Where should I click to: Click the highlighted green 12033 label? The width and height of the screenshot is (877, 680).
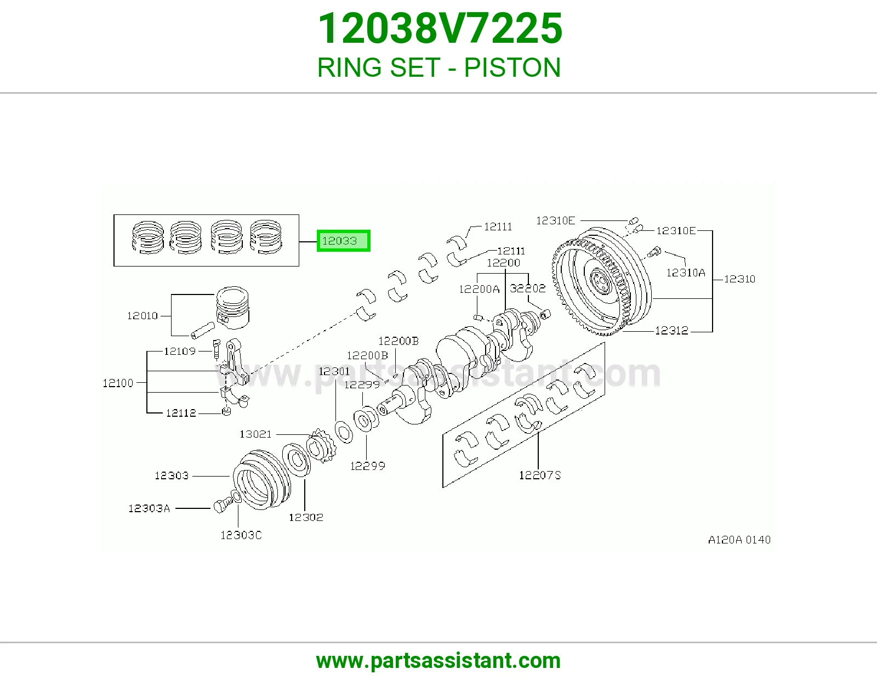click(x=344, y=241)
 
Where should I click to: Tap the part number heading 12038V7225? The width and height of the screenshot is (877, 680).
click(x=440, y=29)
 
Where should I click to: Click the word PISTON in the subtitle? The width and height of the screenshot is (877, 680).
click(x=512, y=67)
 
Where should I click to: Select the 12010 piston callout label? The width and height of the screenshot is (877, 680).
click(x=143, y=316)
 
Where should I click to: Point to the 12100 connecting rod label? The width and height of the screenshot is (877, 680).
click(x=118, y=383)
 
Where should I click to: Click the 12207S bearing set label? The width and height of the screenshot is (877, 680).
click(x=540, y=475)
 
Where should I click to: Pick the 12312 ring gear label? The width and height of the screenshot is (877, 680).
click(x=671, y=331)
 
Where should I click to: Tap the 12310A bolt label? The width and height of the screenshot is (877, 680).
click(x=686, y=273)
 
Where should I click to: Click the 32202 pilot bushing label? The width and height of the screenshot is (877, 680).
click(x=527, y=288)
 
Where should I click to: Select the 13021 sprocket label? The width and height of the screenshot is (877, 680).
click(x=255, y=434)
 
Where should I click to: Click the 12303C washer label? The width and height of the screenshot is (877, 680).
click(x=241, y=535)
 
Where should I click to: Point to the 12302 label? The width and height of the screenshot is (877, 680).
click(x=306, y=517)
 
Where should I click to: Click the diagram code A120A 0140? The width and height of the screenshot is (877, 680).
click(x=739, y=540)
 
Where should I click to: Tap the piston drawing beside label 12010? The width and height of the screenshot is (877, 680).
click(x=232, y=308)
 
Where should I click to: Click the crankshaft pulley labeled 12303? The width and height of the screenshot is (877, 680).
click(x=261, y=480)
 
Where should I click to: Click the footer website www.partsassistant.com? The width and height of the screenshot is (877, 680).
click(x=438, y=661)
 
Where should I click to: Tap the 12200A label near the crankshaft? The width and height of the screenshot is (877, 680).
click(x=479, y=289)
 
